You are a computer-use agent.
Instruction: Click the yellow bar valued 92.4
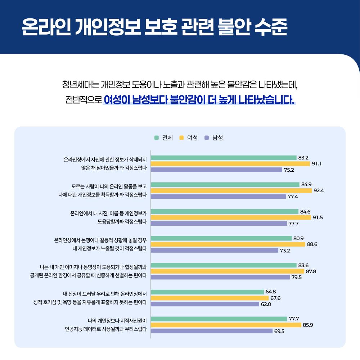(x=231, y=190)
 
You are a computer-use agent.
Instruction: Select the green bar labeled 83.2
(x=224, y=158)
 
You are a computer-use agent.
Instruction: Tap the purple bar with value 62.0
(x=205, y=304)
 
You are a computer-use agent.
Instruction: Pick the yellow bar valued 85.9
(x=226, y=325)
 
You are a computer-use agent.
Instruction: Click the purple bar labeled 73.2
(x=215, y=250)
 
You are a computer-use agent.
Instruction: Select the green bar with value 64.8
(x=207, y=292)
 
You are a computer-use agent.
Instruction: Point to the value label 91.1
(x=316, y=164)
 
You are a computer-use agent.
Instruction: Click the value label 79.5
(x=296, y=277)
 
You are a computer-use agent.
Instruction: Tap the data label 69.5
(x=279, y=331)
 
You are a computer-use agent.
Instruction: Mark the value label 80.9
(x=298, y=238)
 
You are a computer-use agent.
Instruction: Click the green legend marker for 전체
(x=157, y=138)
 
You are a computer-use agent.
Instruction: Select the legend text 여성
(x=192, y=138)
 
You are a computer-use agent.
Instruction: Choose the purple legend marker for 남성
(x=207, y=138)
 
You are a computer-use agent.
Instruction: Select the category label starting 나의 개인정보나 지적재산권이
(x=118, y=320)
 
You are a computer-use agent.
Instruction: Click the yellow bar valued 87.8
(x=228, y=271)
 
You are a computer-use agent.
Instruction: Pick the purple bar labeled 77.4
(x=219, y=197)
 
